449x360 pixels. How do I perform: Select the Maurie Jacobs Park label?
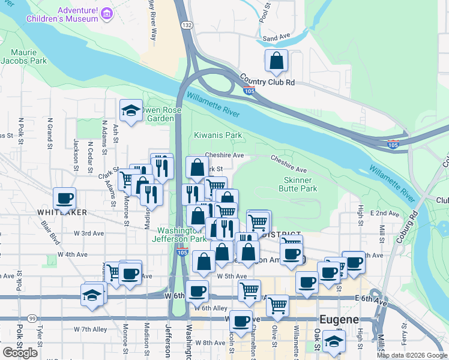(x=23, y=56)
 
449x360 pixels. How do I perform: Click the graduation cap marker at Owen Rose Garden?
(x=131, y=110)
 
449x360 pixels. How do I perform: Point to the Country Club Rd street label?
(x=267, y=80)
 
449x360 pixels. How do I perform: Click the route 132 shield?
(x=187, y=25)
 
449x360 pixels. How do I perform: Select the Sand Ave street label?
(x=276, y=38)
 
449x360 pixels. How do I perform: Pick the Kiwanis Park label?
(x=218, y=135)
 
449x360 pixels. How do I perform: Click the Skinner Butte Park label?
(x=298, y=184)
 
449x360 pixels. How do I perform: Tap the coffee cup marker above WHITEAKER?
(x=65, y=198)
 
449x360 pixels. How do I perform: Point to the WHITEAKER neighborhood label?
(x=62, y=212)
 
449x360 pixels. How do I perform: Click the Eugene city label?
(x=339, y=319)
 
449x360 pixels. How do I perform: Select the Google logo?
(x=20, y=353)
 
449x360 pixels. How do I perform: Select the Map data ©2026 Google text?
(x=412, y=355)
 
